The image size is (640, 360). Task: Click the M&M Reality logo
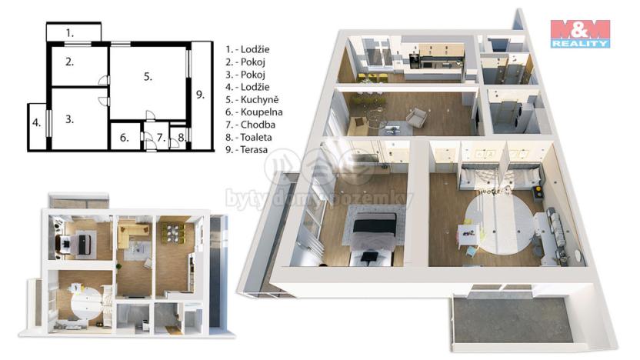point(579,34)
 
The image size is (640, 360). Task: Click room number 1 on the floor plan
point(70,33)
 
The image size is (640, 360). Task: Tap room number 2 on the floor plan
point(70,62)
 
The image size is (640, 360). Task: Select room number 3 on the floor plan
point(70,119)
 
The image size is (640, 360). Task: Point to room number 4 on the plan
point(36,123)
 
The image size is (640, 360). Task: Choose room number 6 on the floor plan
point(124,139)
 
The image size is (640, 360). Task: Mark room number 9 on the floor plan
point(200,95)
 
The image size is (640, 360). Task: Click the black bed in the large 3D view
point(374,232)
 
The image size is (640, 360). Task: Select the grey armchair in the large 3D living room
point(416,118)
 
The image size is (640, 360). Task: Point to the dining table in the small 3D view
point(174,232)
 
